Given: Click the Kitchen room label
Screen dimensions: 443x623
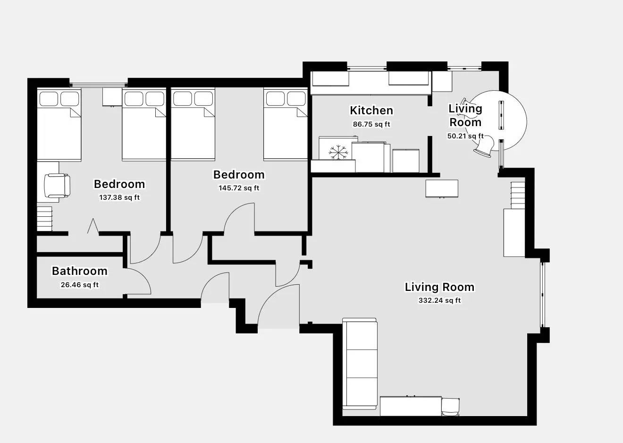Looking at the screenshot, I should click(x=371, y=111).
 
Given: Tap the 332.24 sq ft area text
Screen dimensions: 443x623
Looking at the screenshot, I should click(x=439, y=300).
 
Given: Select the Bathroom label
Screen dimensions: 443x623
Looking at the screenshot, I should click(x=79, y=271).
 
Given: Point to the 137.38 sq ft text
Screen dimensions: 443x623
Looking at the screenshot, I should click(x=119, y=197).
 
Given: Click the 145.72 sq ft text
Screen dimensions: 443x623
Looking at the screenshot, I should click(x=238, y=188).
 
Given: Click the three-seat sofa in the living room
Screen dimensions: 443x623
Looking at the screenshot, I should click(x=360, y=364).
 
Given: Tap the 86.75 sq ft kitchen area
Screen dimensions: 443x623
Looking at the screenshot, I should click(x=371, y=125).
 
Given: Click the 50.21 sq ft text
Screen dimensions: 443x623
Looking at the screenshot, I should click(x=465, y=136).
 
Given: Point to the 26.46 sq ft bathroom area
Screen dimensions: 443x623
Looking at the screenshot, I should click(x=79, y=285).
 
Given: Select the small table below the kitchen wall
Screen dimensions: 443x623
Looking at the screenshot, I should click(x=442, y=188).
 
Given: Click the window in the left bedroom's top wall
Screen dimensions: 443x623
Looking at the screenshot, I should click(x=98, y=85).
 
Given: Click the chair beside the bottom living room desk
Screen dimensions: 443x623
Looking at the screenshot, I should click(x=450, y=407).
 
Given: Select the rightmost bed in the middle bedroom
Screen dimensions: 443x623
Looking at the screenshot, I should click(x=285, y=125).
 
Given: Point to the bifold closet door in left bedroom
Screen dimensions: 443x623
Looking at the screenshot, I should click(x=93, y=226).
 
